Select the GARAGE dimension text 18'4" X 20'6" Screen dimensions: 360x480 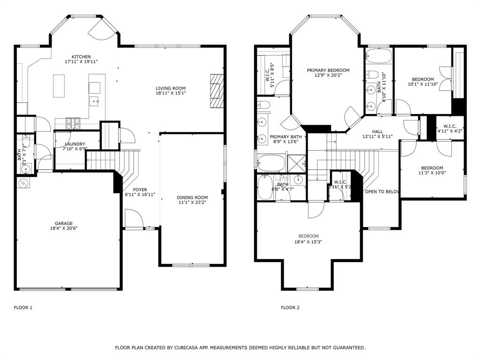point(64,228)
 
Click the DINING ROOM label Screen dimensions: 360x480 point(192,197)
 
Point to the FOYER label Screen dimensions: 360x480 point(140,190)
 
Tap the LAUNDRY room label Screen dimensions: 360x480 point(75,144)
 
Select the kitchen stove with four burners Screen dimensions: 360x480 point(73,123)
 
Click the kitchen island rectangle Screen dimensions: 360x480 point(59,85)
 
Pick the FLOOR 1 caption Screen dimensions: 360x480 point(23,307)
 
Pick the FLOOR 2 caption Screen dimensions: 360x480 point(290,307)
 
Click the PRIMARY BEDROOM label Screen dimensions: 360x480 point(328,70)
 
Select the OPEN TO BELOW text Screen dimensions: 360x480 point(382,192)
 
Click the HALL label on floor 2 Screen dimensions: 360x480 point(377,132)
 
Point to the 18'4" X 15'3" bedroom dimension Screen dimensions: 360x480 point(308,242)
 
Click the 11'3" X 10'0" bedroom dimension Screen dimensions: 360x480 point(432,174)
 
